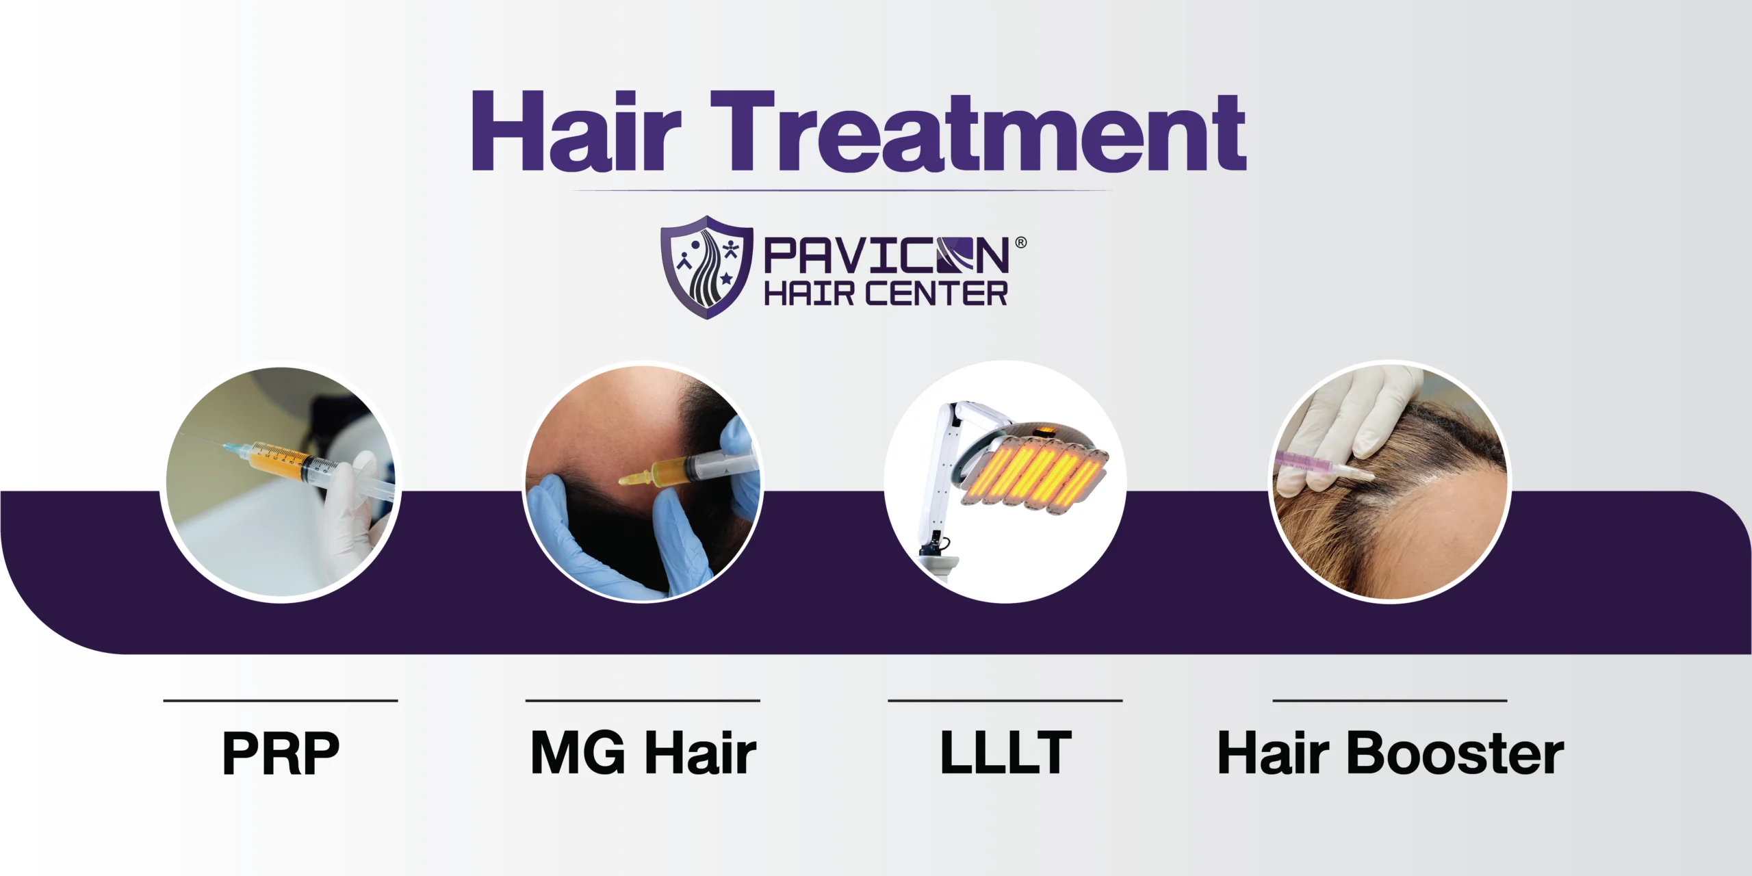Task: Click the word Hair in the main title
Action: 576,131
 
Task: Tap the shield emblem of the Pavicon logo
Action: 706,267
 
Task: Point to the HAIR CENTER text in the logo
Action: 886,294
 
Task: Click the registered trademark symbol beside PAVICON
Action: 1020,242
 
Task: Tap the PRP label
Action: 281,753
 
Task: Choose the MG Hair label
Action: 643,753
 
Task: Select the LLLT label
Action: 1005,753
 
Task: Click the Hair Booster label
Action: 1391,753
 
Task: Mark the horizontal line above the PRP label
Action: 281,701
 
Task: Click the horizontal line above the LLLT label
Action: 1005,701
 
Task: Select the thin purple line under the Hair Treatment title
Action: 842,190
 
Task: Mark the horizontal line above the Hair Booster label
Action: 1390,701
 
